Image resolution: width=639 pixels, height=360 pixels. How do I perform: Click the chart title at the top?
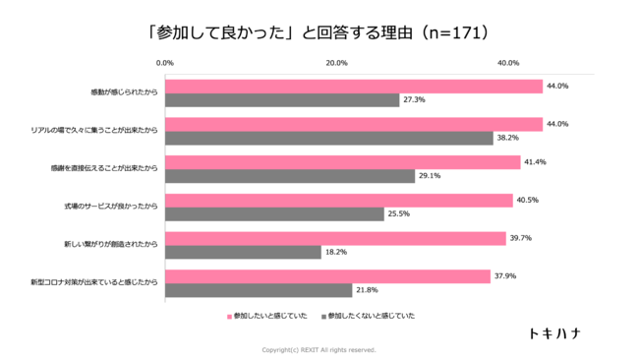pos(319,32)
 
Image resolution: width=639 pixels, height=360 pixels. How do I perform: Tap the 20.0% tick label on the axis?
pos(336,63)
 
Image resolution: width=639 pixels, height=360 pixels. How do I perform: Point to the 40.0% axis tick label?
pos(508,63)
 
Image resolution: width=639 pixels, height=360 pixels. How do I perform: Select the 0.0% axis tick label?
pos(165,63)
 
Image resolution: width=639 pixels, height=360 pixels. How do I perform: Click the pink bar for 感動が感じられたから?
pos(354,87)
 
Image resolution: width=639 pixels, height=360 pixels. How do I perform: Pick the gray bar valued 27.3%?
pos(282,100)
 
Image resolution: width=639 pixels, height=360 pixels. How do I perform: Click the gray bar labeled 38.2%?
pos(328,139)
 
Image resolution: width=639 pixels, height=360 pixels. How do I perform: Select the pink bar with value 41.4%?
pos(342,162)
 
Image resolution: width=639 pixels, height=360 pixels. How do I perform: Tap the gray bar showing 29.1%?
pos(290,176)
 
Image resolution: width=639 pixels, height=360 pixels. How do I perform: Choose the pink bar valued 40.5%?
pos(338,201)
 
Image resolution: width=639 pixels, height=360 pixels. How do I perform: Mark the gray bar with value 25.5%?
pos(274,214)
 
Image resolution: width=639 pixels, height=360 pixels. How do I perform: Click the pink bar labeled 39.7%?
pos(335,239)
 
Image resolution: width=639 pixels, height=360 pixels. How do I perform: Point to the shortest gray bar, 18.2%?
pos(243,253)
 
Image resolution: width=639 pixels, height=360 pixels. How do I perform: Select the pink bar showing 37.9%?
pos(327,276)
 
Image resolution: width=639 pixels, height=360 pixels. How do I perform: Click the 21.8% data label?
pos(367,291)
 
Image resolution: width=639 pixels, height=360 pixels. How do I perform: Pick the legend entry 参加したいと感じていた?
pos(267,316)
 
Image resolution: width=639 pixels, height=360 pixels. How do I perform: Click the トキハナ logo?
pos(552,333)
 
